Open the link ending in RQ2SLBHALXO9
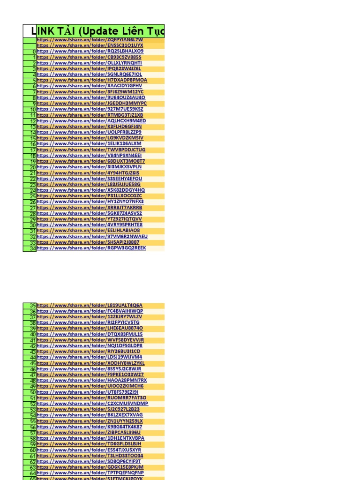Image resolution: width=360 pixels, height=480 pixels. tap(90, 51)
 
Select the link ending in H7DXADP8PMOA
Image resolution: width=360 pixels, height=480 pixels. tap(91, 80)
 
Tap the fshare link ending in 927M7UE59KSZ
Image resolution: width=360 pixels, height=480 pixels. tap(90, 109)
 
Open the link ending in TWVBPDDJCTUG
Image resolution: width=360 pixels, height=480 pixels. tap(91, 150)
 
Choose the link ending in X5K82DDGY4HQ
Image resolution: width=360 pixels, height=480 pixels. tap(91, 190)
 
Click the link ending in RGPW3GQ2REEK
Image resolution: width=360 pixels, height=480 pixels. tap(91, 248)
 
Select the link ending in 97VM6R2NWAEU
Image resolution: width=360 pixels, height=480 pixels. tap(92, 237)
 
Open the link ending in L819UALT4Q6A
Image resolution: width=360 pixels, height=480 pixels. tap(90, 305)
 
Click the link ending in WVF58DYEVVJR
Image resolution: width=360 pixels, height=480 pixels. tap(90, 340)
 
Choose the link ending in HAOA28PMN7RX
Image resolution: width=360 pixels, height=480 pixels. tap(92, 380)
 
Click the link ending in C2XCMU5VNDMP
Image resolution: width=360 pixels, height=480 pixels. tap(92, 404)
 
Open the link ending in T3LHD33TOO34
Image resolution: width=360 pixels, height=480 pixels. tap(90, 456)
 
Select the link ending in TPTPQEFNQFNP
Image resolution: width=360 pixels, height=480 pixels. tap(90, 472)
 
